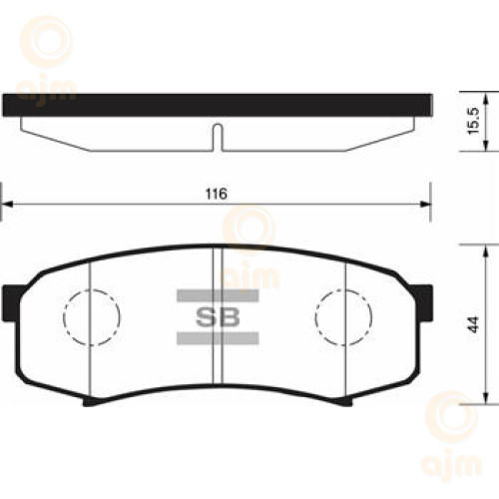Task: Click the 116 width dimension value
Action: pyautogui.click(x=217, y=194)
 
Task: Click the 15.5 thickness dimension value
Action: pyautogui.click(x=473, y=121)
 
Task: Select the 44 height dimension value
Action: pyautogui.click(x=475, y=324)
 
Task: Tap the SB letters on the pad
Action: pyautogui.click(x=218, y=316)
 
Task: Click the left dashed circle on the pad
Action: pyautogui.click(x=64, y=317)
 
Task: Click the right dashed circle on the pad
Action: pyautogui.click(x=315, y=317)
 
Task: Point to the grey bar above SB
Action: pyautogui.click(x=218, y=295)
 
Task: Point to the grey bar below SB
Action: pyautogui.click(x=218, y=338)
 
